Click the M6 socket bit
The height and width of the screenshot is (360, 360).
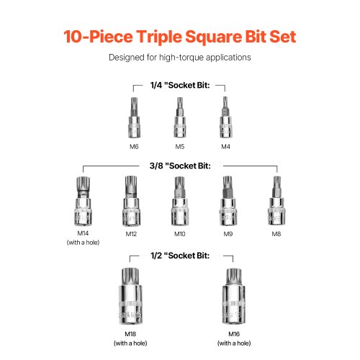(134, 117)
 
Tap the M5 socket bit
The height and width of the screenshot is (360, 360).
(180, 117)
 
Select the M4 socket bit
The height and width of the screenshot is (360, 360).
(225, 117)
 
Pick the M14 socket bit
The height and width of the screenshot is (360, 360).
(83, 201)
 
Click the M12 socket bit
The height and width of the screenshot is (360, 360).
(131, 201)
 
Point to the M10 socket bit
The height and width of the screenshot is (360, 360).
(180, 201)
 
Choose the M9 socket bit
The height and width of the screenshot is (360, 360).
(228, 201)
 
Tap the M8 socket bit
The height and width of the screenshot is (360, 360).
(276, 201)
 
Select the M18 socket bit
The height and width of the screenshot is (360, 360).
(130, 297)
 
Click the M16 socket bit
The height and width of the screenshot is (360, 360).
(234, 297)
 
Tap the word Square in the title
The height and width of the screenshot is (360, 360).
(213, 37)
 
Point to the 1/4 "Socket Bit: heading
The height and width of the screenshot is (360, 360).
(180, 85)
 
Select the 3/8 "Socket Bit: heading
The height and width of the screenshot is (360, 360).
(180, 166)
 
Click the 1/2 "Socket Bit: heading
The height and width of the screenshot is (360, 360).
(180, 256)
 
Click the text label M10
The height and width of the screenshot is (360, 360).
(180, 234)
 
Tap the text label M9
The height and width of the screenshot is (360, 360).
(228, 234)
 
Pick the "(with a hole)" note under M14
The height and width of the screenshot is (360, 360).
(83, 243)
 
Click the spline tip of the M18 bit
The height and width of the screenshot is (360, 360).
(130, 276)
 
